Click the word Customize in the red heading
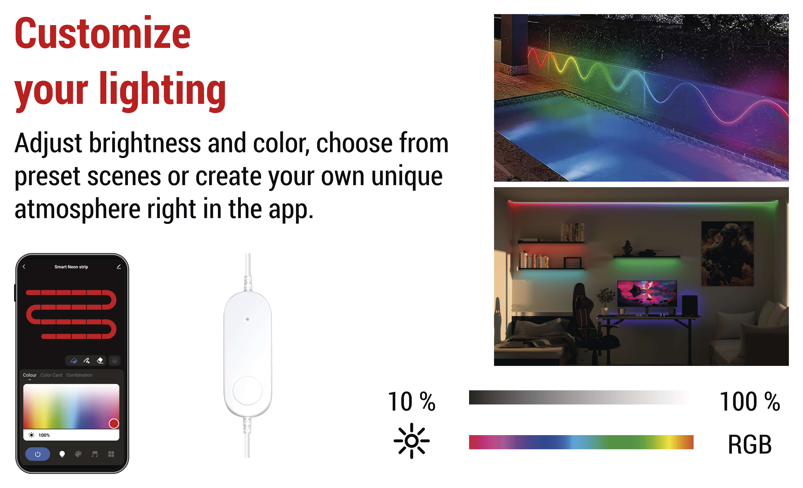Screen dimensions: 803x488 [x=102, y=33]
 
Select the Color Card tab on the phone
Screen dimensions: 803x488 [x=51, y=375]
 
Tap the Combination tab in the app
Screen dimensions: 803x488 [x=79, y=375]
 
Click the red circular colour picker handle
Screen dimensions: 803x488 [x=114, y=423]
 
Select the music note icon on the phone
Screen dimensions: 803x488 [x=94, y=454]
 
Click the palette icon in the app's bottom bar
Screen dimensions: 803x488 [x=78, y=454]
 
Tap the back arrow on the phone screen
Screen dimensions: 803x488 [x=24, y=266]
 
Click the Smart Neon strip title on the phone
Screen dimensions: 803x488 [x=71, y=267]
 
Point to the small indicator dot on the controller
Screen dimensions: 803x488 [x=247, y=319]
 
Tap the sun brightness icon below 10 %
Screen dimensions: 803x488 [x=412, y=441]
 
